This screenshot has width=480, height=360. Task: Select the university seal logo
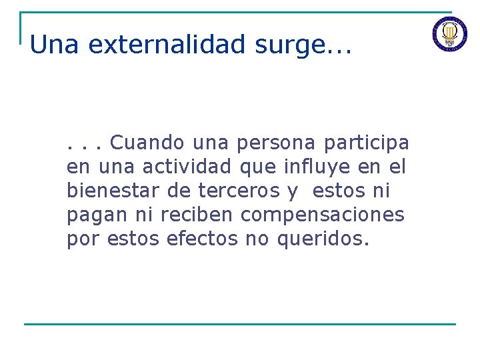point(450,33)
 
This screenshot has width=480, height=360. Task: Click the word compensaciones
point(323,215)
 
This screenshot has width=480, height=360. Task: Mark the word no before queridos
point(257,239)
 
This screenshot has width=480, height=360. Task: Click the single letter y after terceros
point(292,192)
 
